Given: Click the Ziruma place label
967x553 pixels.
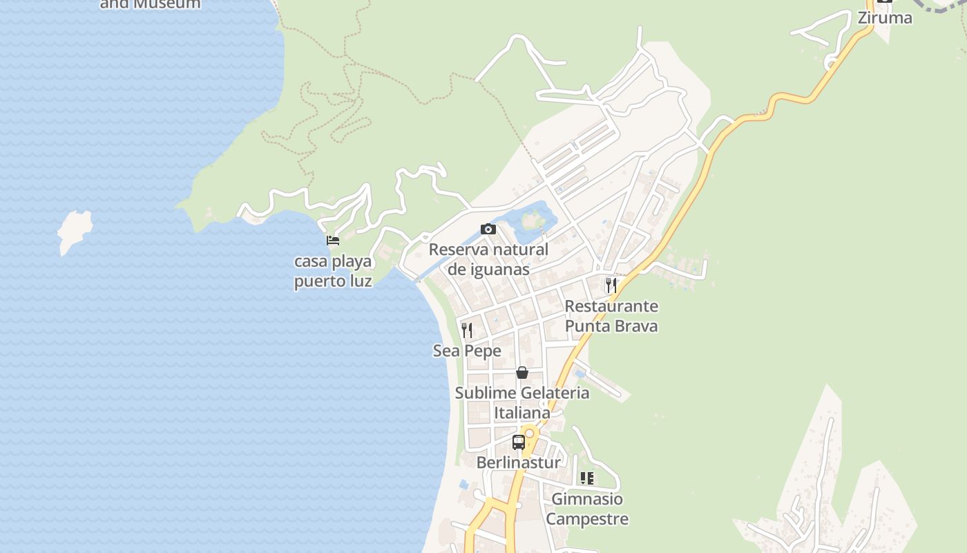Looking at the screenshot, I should pyautogui.click(x=885, y=18).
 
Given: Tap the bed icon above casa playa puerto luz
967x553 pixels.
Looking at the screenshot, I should pyautogui.click(x=333, y=241).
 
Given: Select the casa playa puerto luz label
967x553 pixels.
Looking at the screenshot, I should pyautogui.click(x=333, y=271).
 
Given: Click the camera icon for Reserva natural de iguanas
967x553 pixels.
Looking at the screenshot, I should pyautogui.click(x=488, y=229).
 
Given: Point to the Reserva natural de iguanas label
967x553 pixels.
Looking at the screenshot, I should pyautogui.click(x=488, y=259).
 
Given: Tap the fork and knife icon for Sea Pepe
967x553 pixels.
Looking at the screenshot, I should pyautogui.click(x=467, y=330).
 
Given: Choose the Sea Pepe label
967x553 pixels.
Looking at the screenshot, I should pyautogui.click(x=467, y=351).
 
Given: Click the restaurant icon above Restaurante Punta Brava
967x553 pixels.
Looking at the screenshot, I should pyautogui.click(x=611, y=285).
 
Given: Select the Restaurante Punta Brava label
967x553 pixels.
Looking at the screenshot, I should pyautogui.click(x=611, y=316).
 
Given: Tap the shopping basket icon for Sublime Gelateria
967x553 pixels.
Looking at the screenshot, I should pyautogui.click(x=522, y=373).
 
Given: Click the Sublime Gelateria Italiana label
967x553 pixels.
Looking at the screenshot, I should pyautogui.click(x=522, y=403).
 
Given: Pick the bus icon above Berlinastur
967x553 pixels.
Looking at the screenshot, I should pyautogui.click(x=519, y=442).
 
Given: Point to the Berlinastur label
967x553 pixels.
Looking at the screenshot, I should pyautogui.click(x=519, y=462).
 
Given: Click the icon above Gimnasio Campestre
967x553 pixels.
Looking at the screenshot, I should pyautogui.click(x=587, y=478).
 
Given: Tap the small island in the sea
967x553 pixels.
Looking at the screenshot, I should pyautogui.click(x=74, y=230).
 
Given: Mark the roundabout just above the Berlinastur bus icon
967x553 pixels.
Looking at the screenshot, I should pyautogui.click(x=530, y=433).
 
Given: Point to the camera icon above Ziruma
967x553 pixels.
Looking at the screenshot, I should pyautogui.click(x=885, y=1).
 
